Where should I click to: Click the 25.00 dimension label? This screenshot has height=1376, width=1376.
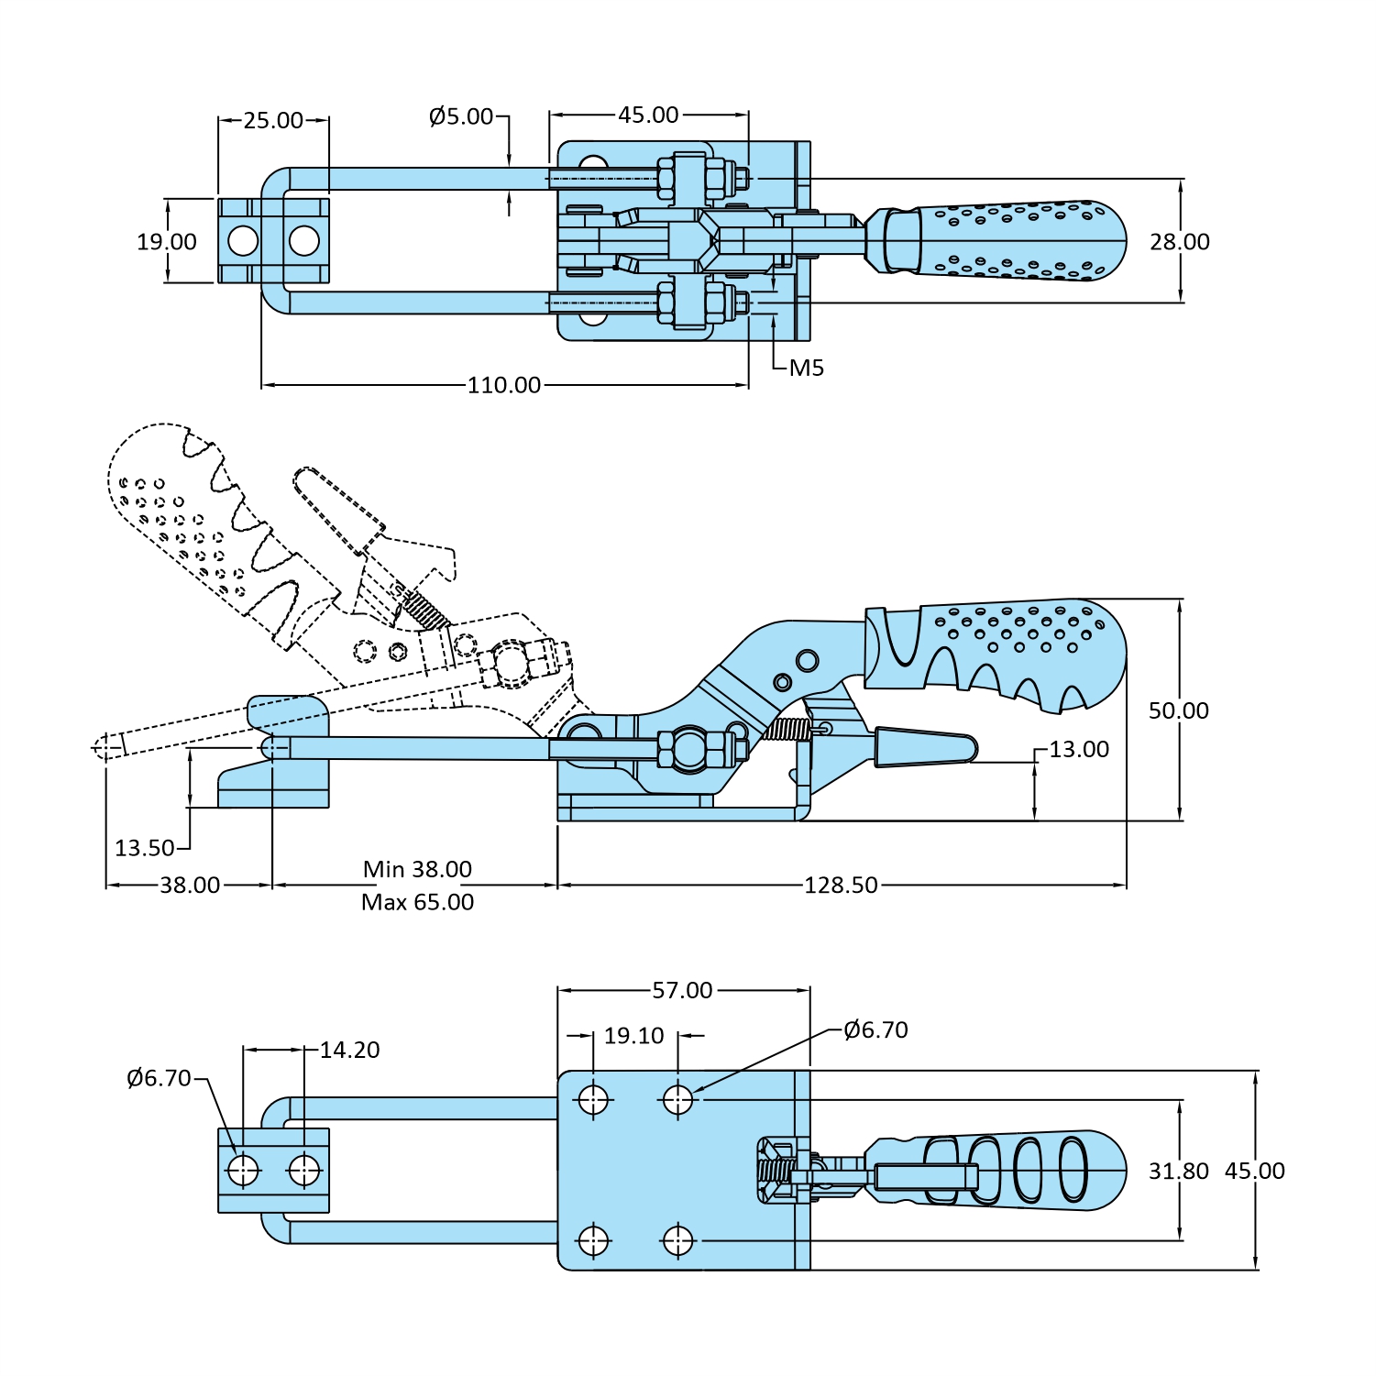pos(272,120)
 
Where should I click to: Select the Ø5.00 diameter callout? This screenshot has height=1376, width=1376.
pos(461,116)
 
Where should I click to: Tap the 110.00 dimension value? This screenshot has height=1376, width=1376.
pos(504,385)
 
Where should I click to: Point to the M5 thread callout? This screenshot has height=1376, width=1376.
pos(807,368)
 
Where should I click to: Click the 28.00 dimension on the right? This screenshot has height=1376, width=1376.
pos(1180,242)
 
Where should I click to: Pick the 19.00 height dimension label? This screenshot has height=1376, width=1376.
pos(167,242)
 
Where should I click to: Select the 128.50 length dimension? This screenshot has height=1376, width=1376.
pos(841,886)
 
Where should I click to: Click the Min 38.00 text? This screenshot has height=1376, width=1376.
pos(417,869)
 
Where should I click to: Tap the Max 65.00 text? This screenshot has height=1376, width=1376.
pos(417,902)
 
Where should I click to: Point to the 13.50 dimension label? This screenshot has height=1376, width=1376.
pos(144,848)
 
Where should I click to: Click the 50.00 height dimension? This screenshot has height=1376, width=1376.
pos(1178,710)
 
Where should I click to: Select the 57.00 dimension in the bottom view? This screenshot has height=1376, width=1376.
pos(682,990)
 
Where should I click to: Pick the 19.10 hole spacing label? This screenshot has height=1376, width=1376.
pos(633,1036)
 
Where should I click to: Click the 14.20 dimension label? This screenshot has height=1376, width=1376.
pos(349,1050)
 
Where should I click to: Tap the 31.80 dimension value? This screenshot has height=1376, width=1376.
pos(1178,1172)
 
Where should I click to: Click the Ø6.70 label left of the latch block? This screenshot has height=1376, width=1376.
pos(159,1078)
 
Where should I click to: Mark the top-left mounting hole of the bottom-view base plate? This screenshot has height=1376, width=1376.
pos(593,1097)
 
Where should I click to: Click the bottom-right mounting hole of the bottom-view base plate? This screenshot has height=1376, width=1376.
pos(677,1241)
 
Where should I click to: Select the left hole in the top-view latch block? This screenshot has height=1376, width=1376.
pos(243,241)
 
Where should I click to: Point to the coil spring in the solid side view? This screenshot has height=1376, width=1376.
pos(787,730)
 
